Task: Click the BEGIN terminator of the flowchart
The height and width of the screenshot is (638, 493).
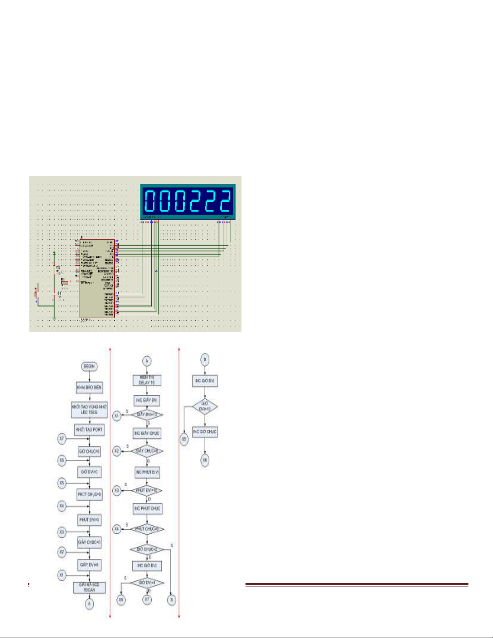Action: [89, 366]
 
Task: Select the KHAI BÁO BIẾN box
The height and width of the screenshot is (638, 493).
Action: [89, 387]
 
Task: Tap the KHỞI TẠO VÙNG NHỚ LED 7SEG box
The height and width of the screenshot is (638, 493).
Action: [89, 409]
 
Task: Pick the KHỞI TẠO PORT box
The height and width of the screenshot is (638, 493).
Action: [89, 429]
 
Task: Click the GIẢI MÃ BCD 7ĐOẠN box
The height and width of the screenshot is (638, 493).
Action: [89, 587]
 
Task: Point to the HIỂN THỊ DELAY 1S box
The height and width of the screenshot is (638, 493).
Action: [147, 380]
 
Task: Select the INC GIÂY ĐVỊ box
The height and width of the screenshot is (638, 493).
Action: [147, 400]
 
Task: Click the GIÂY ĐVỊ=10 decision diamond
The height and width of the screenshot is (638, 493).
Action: [147, 415]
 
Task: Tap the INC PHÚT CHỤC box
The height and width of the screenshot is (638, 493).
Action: [147, 508]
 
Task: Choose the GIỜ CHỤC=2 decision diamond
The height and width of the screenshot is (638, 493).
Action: [146, 549]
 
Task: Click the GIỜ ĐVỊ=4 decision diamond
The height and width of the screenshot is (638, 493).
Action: [146, 582]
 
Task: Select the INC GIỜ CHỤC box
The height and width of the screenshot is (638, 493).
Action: [205, 432]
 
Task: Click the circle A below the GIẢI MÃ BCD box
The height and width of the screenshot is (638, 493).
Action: [89, 604]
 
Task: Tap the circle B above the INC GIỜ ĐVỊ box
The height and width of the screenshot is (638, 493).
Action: [205, 359]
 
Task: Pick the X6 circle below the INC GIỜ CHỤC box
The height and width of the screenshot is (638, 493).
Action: [205, 460]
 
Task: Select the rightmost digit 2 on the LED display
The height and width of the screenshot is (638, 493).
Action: [225, 201]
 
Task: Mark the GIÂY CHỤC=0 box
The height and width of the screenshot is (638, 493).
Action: [89, 542]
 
